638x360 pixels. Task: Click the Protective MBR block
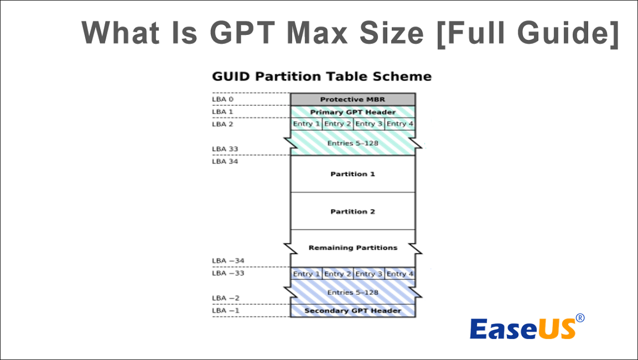[x=353, y=99]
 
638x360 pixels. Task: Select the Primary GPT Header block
[x=353, y=112]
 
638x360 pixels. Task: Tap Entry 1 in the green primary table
[x=306, y=124]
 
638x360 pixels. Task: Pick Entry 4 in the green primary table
[x=400, y=124]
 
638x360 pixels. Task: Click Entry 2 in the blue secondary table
[x=337, y=274]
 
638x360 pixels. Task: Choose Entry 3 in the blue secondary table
[x=369, y=274]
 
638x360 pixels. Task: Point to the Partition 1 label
[x=352, y=174]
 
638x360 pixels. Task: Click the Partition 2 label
[x=352, y=211]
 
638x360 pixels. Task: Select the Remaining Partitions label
[x=353, y=248]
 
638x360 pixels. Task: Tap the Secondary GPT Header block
[x=353, y=311]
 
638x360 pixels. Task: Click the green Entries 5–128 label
[x=352, y=143]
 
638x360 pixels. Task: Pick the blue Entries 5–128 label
[x=352, y=292]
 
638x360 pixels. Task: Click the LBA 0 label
[x=223, y=99]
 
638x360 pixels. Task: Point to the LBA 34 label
[x=225, y=161]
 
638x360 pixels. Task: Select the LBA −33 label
[x=228, y=273]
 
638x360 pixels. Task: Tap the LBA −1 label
[x=226, y=311]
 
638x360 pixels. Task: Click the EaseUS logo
[x=527, y=327]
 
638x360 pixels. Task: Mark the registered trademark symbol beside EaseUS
[x=580, y=318]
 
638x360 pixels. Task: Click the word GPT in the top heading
[x=243, y=32]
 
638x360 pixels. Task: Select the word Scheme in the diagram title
[x=402, y=76]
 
